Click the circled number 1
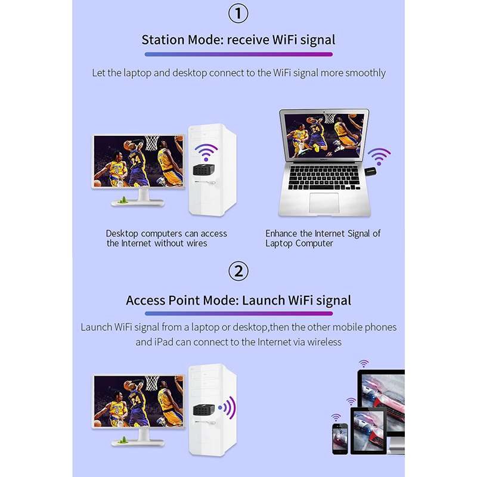(x=238, y=13)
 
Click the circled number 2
(x=238, y=271)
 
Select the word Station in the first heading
(x=163, y=40)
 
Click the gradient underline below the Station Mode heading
(x=238, y=54)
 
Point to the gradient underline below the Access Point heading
(x=238, y=314)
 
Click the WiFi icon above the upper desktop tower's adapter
(x=206, y=152)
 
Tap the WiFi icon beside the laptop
(x=379, y=156)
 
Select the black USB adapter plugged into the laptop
(x=370, y=172)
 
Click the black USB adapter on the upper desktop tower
(x=203, y=169)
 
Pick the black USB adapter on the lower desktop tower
(x=204, y=410)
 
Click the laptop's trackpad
(x=324, y=203)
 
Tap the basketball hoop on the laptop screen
(x=329, y=118)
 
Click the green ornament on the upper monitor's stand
(x=123, y=200)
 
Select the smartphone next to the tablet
(x=340, y=438)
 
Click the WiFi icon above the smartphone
(x=336, y=417)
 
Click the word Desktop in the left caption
(x=122, y=234)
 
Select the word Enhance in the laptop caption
(x=281, y=233)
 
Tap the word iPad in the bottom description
(x=163, y=342)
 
